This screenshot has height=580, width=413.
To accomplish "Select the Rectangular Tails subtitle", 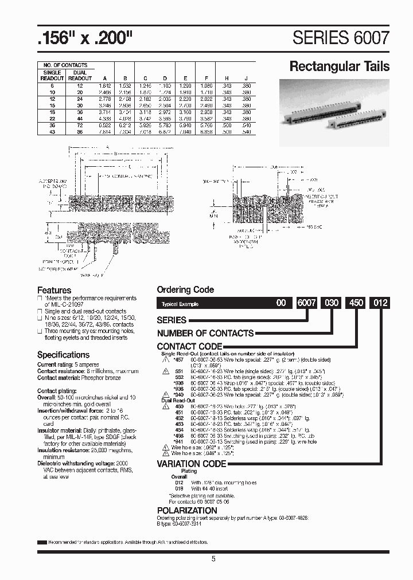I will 339,66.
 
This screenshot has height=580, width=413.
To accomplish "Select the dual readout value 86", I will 80,132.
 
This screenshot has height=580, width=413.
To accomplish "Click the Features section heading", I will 54,290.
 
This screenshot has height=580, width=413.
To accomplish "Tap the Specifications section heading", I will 64,355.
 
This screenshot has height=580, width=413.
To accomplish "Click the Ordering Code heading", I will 185,290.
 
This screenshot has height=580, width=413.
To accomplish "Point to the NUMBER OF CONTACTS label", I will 205,334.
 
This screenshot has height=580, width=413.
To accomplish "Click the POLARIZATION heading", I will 187,510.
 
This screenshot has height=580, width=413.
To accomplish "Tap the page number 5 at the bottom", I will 213,559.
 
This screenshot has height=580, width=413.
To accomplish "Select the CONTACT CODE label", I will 189,347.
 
